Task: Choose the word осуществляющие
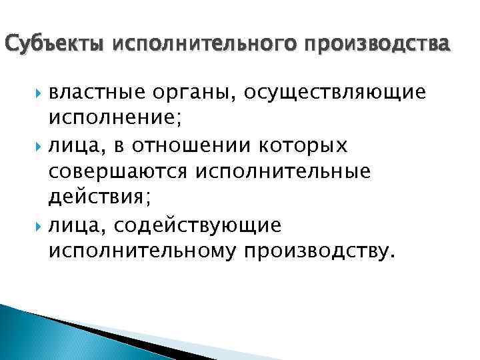tap(334, 93)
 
